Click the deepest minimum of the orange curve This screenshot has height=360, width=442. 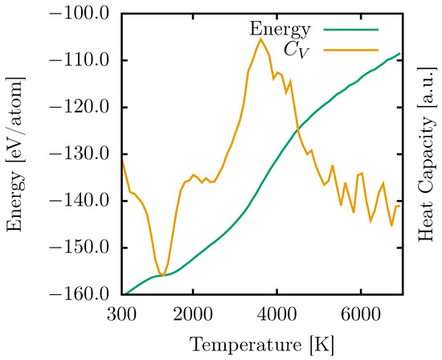point(162,276)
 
